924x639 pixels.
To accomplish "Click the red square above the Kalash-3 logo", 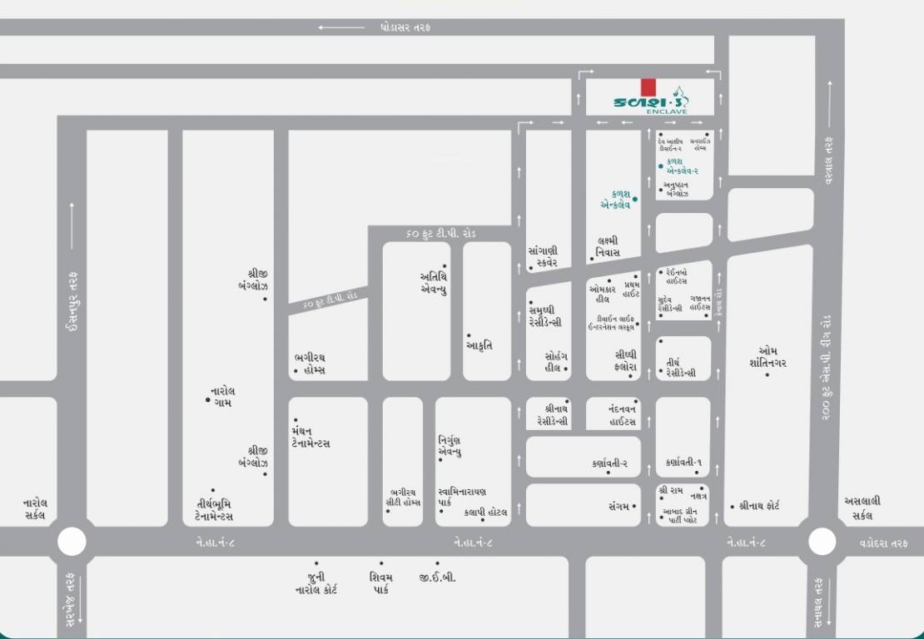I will (x=648, y=87).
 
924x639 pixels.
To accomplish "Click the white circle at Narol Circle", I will (x=72, y=542).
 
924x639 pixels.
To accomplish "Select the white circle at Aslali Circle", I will (x=822, y=542).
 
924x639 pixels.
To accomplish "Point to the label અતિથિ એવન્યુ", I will (x=435, y=283).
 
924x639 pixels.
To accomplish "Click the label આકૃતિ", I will (x=479, y=344).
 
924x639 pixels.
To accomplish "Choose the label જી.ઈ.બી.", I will (x=438, y=577).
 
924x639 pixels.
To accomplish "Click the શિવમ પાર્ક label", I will (x=381, y=582).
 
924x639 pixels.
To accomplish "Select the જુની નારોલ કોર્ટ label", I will (x=315, y=582).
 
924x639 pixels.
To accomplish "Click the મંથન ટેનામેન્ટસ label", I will (x=310, y=437).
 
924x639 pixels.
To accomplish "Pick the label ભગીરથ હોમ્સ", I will (x=310, y=364).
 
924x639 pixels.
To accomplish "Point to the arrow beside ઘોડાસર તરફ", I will (x=341, y=27).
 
